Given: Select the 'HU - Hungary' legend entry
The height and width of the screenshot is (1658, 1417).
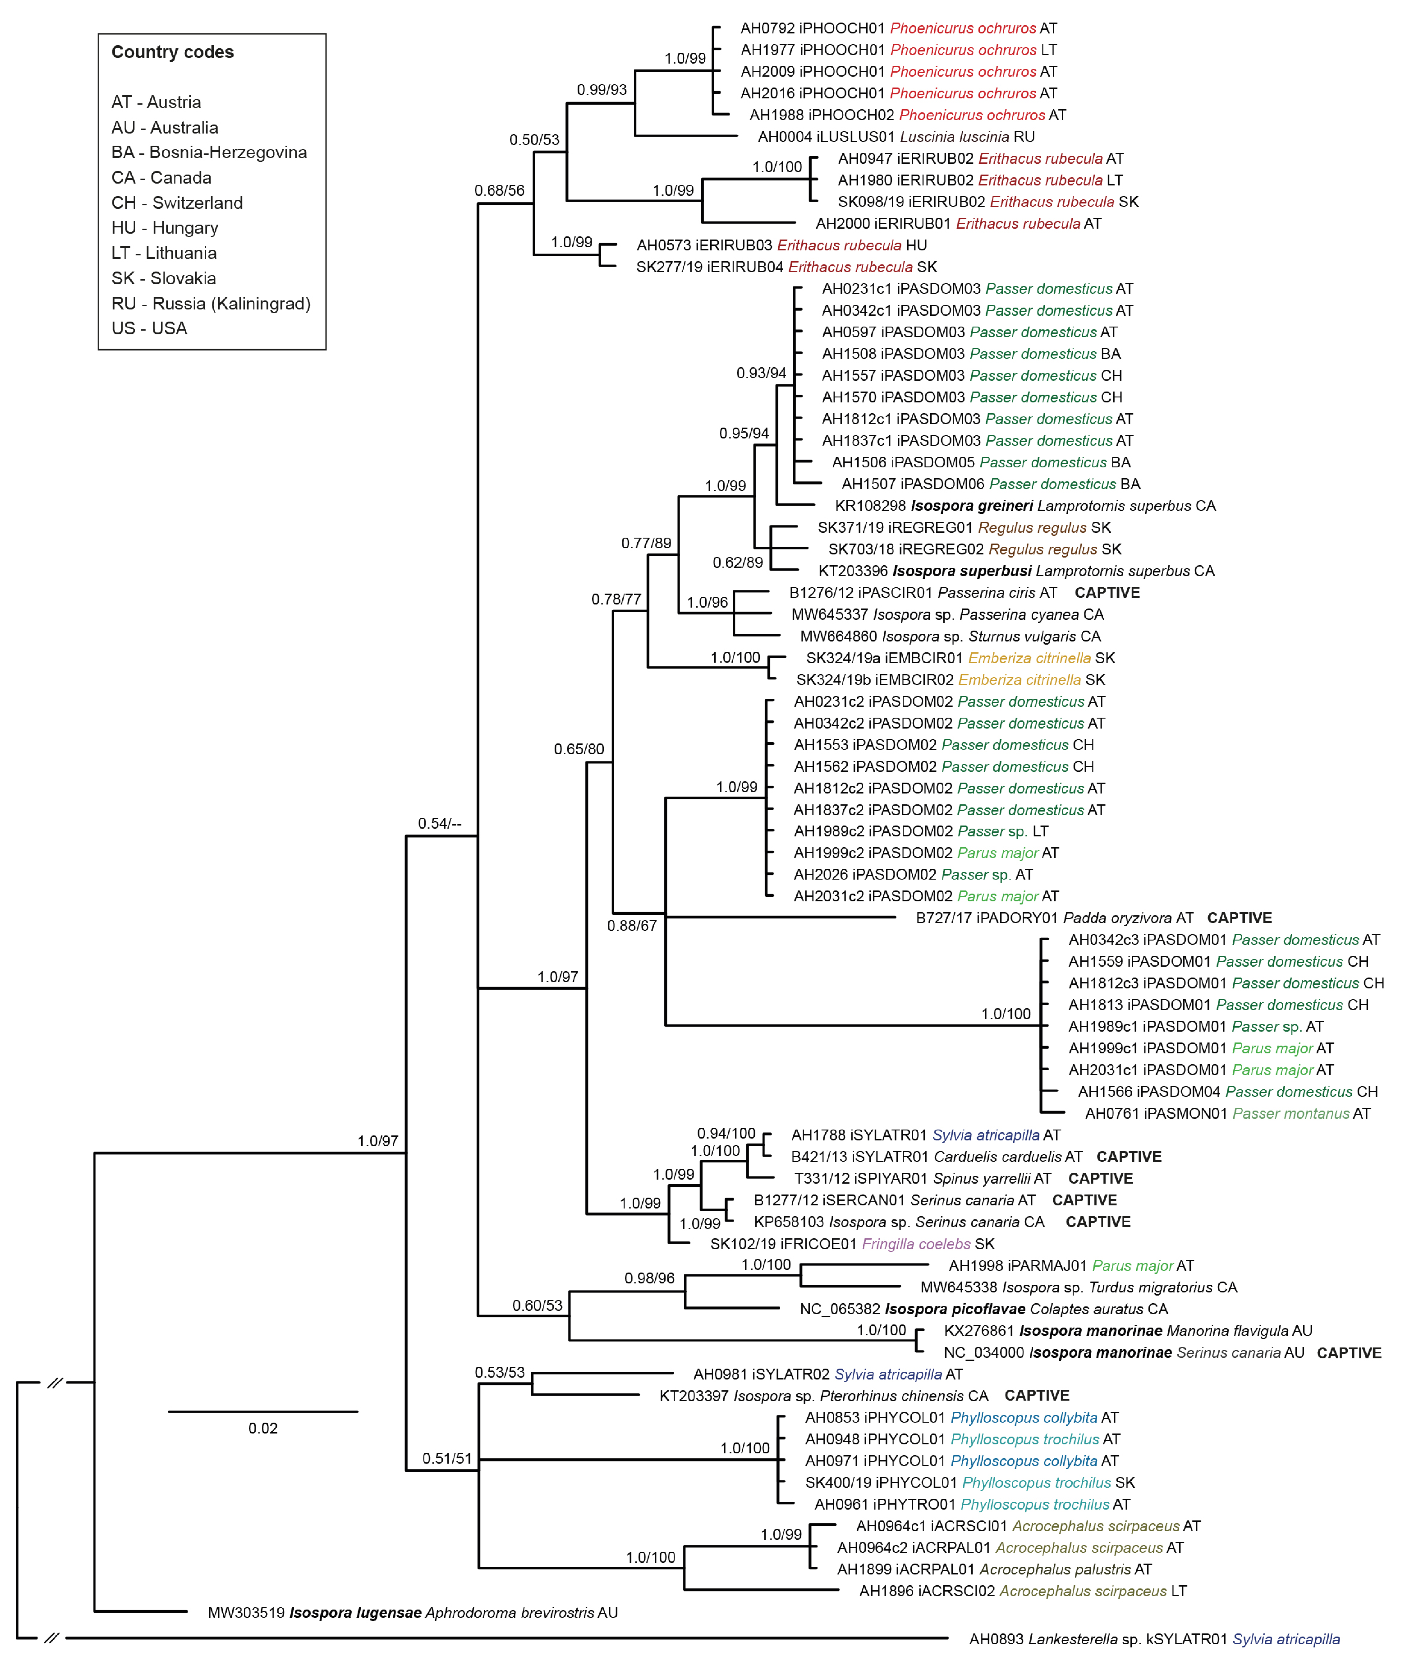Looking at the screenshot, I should tap(165, 228).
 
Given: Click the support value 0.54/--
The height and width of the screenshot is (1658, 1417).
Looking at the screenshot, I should tap(439, 823).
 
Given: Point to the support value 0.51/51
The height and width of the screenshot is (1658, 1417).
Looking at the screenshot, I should tap(446, 1459).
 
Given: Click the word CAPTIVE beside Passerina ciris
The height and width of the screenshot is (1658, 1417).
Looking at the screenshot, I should tap(1107, 593).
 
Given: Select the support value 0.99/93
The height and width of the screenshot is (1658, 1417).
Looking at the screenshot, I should tap(602, 90).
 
